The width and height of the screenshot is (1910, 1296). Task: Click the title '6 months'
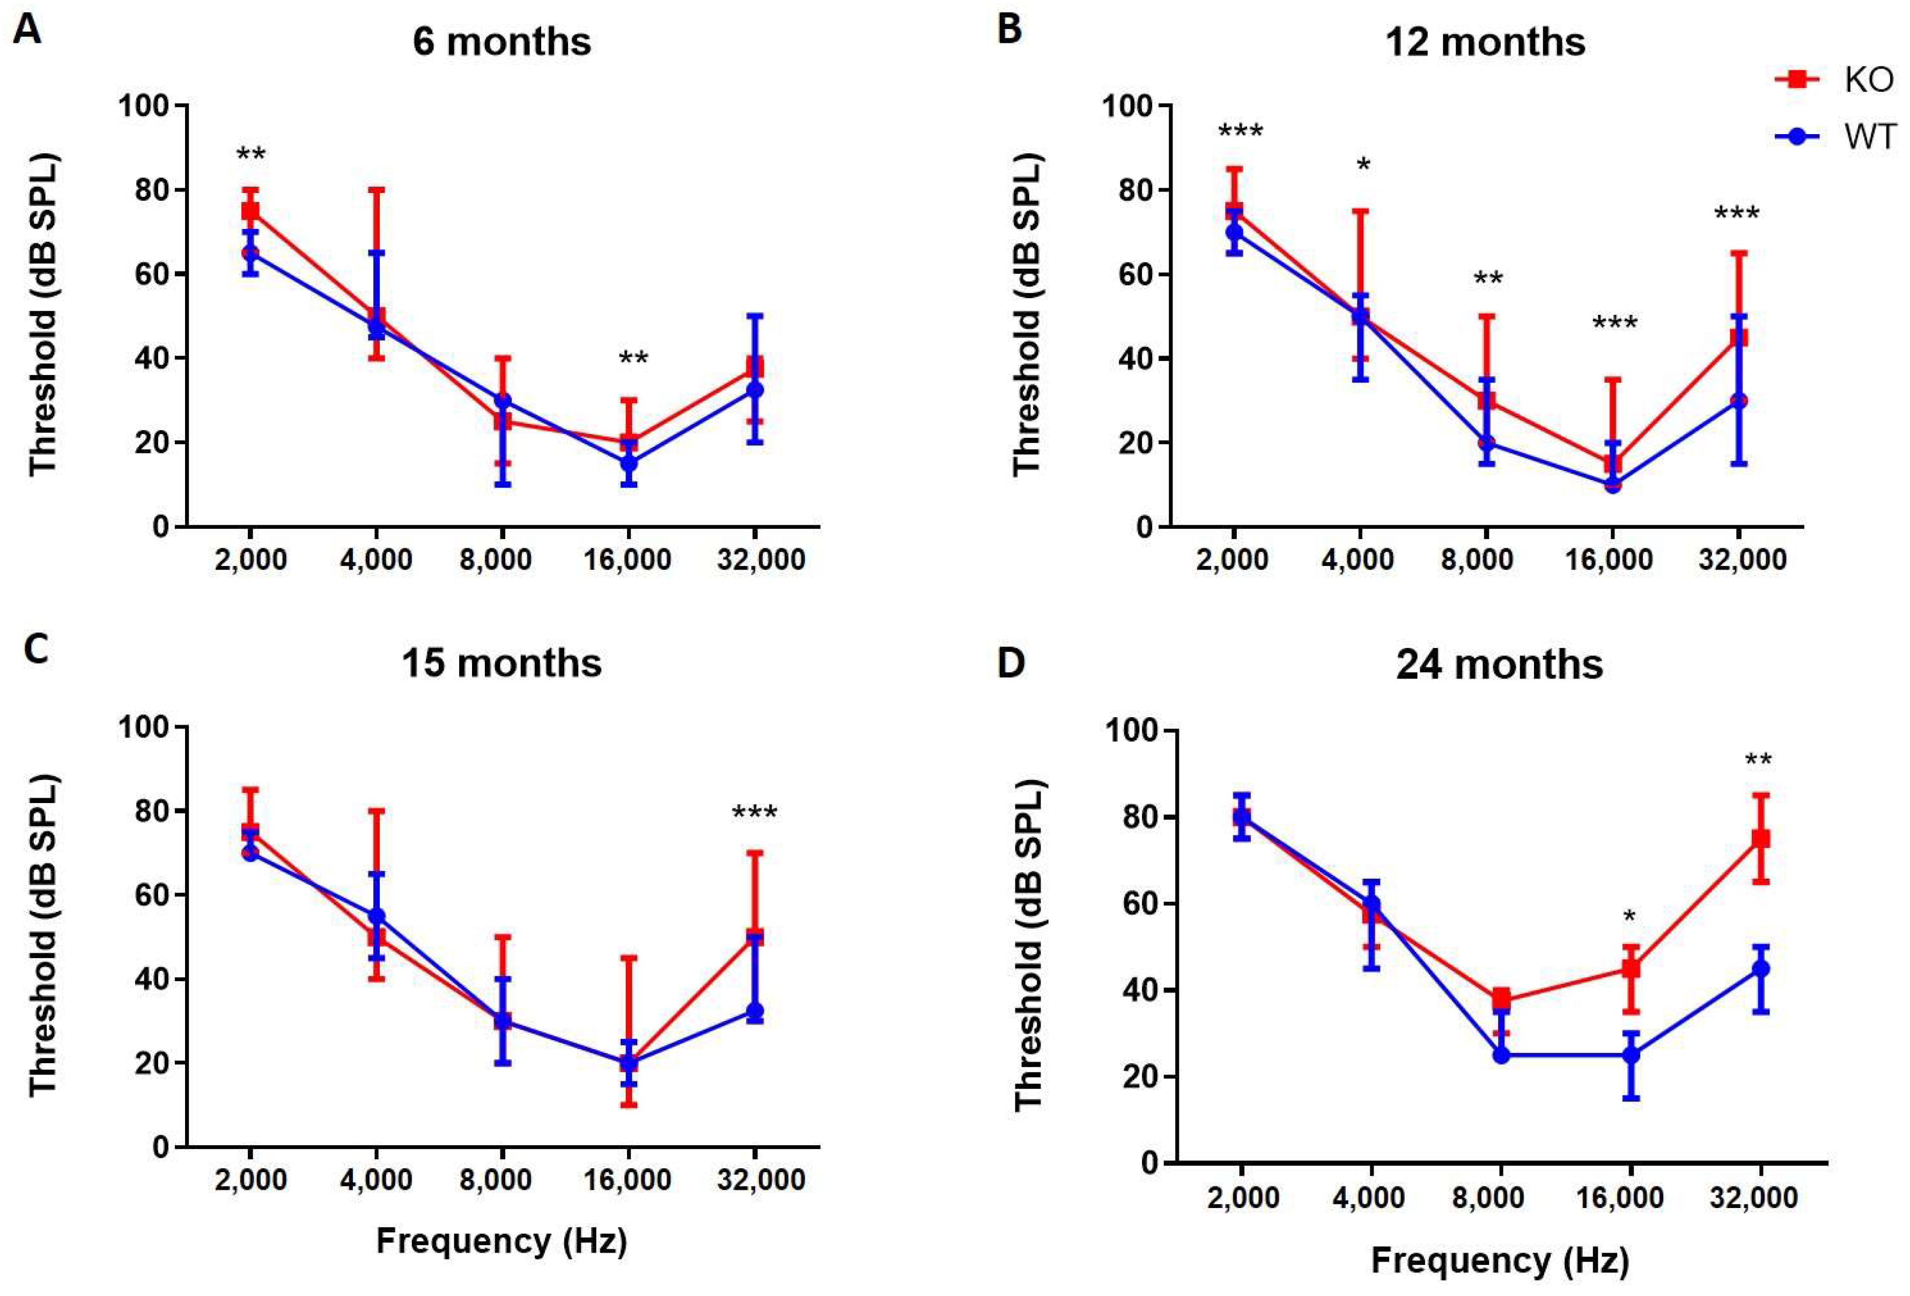[x=502, y=41]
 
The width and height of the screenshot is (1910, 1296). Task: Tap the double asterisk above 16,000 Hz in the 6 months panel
[x=633, y=359]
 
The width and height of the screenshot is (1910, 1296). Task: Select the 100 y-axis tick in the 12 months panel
[x=1125, y=106]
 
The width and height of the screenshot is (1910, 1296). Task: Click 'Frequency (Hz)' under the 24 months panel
[x=1499, y=1261]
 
